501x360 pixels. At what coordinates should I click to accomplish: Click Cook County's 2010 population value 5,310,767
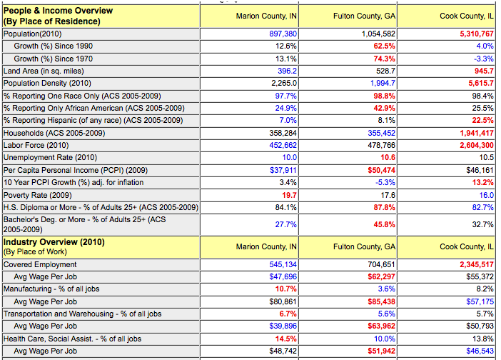click(x=477, y=34)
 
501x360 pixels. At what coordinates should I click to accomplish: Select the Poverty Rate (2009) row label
click(x=37, y=195)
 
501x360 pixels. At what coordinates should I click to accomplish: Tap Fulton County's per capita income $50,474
click(x=381, y=170)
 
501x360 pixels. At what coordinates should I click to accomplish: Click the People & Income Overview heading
click(x=58, y=11)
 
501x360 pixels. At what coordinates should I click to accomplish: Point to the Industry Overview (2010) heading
click(x=54, y=242)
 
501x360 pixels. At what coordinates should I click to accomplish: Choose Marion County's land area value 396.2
click(x=287, y=71)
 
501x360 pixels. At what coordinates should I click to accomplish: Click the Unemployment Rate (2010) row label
click(x=50, y=157)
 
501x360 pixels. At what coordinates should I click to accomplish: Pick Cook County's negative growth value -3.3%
click(x=484, y=59)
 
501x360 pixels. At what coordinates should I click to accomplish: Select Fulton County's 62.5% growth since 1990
click(x=384, y=46)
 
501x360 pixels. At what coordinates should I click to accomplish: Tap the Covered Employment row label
click(x=40, y=265)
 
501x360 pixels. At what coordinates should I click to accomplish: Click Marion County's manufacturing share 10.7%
click(x=286, y=289)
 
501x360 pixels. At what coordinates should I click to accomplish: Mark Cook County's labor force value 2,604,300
click(x=477, y=145)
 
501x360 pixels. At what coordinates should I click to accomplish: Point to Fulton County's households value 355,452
click(x=381, y=133)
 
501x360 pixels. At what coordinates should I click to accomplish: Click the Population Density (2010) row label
click(x=47, y=83)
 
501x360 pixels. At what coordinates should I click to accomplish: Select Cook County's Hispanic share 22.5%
click(x=482, y=120)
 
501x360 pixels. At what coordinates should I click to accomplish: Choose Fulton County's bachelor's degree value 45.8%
click(x=384, y=224)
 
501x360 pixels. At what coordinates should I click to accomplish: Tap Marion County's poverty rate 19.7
click(x=289, y=195)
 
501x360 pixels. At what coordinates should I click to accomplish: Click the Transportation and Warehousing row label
click(x=83, y=314)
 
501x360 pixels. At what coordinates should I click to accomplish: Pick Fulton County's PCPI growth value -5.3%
click(x=385, y=182)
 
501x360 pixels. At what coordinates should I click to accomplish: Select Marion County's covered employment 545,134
click(x=283, y=265)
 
